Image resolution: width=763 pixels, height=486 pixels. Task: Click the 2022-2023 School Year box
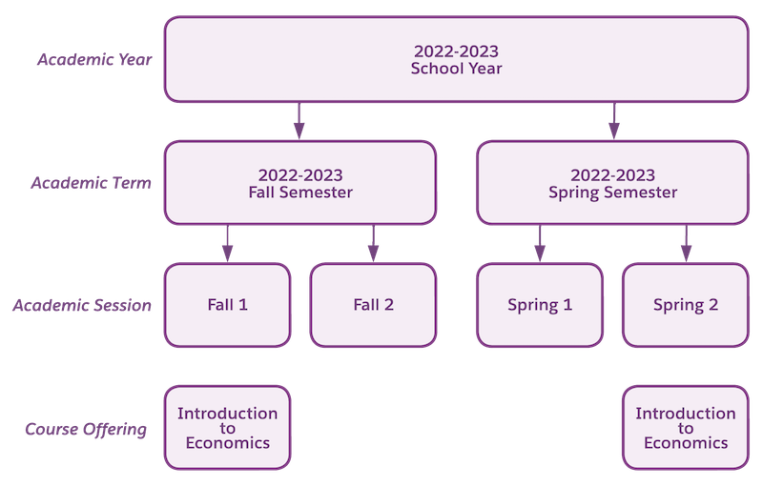pos(456,59)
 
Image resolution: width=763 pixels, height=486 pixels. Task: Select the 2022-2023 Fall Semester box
pos(299,183)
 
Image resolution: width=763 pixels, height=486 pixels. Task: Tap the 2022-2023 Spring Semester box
pos(612,183)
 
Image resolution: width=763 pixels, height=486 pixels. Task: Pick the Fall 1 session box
pos(227,305)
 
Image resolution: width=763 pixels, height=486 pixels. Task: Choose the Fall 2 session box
pos(373,305)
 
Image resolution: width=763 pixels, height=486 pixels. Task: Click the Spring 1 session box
pos(540,305)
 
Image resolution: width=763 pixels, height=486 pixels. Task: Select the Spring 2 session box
pos(685,305)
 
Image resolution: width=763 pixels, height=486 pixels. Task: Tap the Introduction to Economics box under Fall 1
pos(227,428)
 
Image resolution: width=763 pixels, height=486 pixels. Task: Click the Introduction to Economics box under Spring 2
pos(685,428)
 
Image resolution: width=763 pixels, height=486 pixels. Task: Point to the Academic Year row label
pos(93,60)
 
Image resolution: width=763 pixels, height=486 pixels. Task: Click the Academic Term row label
pos(91,183)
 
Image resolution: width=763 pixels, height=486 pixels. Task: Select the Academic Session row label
pos(82,306)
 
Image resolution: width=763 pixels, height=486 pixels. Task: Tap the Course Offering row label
pos(87,429)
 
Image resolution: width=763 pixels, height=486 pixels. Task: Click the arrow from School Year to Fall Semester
pos(299,121)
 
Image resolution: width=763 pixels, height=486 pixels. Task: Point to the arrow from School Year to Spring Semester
pos(613,121)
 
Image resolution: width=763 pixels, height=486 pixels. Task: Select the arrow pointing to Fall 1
pos(227,244)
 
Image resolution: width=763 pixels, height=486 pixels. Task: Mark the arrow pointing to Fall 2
pos(373,244)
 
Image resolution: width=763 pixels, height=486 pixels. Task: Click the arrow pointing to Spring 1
pos(540,244)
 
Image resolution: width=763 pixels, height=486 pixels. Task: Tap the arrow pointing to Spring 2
pos(685,244)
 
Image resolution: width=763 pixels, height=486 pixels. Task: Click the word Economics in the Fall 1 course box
pos(227,443)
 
